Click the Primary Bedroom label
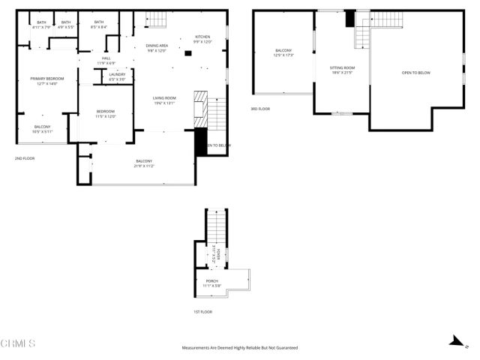46,79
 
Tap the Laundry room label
117,74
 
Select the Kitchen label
203,37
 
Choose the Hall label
106,58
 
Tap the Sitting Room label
342,67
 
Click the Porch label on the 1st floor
211,281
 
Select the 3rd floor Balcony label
283,51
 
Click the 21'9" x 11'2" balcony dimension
144,166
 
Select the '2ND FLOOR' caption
25,158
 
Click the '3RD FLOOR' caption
260,109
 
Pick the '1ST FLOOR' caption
202,311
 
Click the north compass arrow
454,340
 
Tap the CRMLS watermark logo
19,343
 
